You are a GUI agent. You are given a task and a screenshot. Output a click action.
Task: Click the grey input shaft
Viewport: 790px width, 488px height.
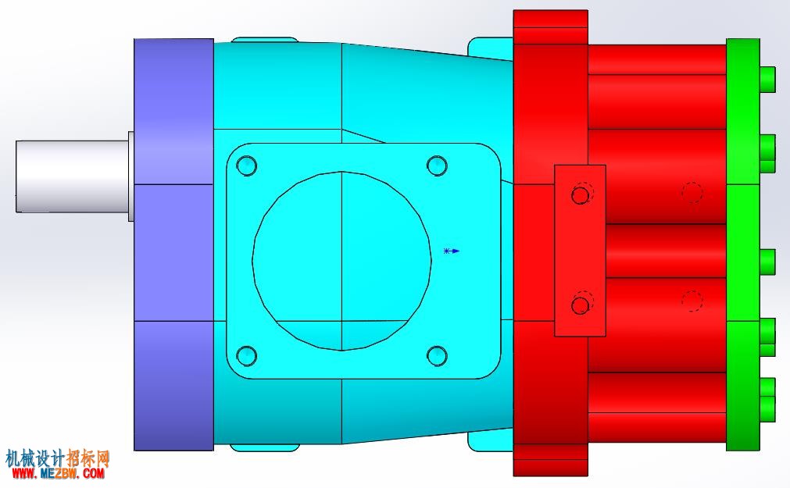[72, 176]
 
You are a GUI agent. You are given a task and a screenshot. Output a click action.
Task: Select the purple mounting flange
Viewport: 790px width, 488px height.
[173, 244]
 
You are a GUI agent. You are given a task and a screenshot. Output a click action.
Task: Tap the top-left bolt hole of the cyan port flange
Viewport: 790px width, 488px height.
[247, 166]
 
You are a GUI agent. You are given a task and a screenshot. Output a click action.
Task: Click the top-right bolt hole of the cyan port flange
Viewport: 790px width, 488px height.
[437, 166]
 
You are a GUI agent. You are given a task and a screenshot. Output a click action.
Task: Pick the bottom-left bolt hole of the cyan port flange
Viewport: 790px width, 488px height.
[247, 355]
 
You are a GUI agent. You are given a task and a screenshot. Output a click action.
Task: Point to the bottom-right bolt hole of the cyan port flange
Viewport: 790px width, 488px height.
[437, 355]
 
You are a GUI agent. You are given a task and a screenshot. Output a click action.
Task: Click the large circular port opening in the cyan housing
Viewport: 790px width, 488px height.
[341, 261]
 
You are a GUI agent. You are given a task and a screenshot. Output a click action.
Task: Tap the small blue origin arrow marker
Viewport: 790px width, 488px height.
[452, 251]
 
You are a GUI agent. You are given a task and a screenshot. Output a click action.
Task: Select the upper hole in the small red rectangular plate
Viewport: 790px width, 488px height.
[581, 194]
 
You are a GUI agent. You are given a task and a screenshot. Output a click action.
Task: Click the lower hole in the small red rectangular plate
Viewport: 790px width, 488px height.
[581, 305]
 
